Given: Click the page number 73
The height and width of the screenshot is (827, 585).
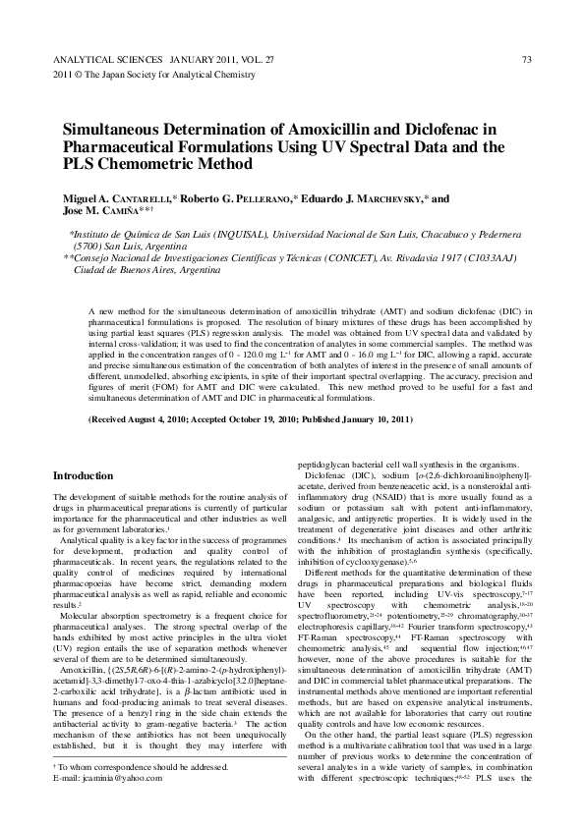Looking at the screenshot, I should pos(527,59).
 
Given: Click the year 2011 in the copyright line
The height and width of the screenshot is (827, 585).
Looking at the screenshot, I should pos(61,74).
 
